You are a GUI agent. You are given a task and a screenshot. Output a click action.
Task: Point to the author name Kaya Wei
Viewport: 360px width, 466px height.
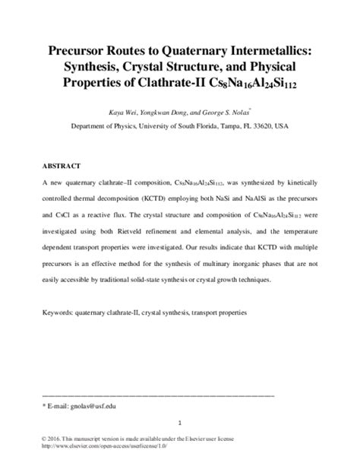coord(122,110)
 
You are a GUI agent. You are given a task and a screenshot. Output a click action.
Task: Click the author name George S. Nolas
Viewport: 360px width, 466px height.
coord(229,110)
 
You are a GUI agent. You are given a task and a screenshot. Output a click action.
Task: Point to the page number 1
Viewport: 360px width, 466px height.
coord(179,424)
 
